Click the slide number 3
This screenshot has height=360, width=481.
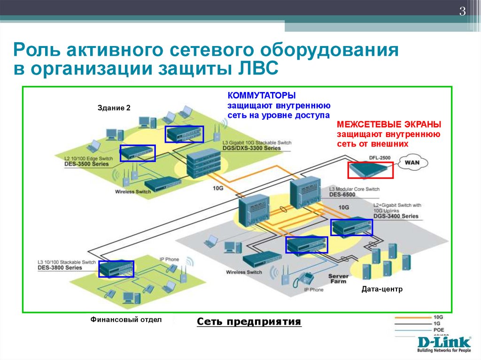462,12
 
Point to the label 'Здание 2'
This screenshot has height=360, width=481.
114,108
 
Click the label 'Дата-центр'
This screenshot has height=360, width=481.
382,290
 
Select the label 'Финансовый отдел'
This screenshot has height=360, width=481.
126,320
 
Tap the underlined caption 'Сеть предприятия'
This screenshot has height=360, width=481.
248,322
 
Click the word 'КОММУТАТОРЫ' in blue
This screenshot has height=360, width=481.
256,95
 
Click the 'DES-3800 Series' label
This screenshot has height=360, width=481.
60,268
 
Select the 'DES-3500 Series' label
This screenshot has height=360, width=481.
86,164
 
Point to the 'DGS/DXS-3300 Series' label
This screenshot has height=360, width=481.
252,148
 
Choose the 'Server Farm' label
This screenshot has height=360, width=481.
338,278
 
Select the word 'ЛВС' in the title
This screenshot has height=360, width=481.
255,69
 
